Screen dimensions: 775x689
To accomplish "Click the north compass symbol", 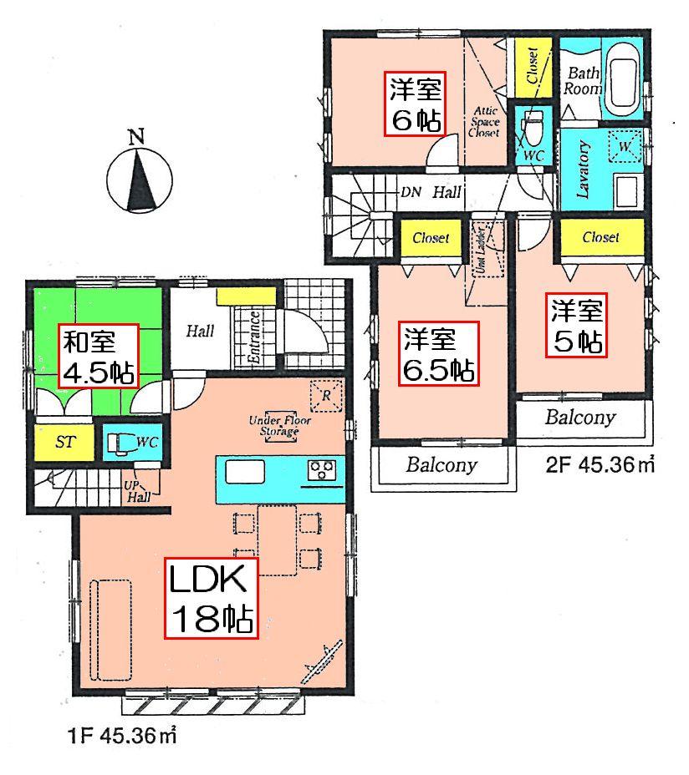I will click(x=140, y=175).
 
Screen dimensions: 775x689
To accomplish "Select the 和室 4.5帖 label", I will click(x=98, y=357).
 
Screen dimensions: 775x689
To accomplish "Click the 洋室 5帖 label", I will click(x=576, y=326).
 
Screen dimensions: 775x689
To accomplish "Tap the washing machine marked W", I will click(x=624, y=147).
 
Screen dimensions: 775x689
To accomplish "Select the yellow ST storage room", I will click(x=64, y=442).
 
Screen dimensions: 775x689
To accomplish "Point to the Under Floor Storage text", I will click(x=279, y=426).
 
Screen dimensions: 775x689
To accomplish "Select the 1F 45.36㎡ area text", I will click(x=122, y=737).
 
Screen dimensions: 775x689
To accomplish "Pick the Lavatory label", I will click(x=584, y=170).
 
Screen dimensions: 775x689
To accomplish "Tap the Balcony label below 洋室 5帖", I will click(x=580, y=417).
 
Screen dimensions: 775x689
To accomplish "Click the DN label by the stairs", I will click(x=410, y=192).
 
